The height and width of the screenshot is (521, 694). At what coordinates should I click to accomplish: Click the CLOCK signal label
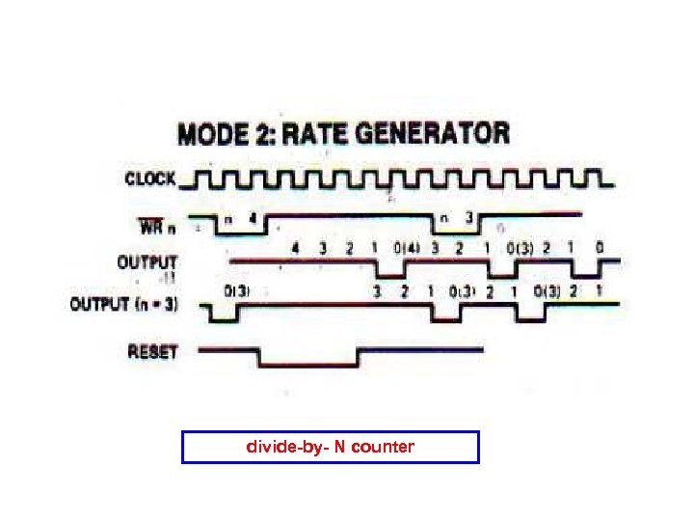click(150, 178)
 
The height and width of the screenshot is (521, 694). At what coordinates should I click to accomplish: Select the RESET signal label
click(152, 351)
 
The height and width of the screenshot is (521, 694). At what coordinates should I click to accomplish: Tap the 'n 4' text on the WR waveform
click(241, 219)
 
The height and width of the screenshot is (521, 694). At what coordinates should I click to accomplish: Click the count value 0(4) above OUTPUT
click(407, 248)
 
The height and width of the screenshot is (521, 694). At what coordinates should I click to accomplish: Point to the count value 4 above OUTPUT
click(295, 248)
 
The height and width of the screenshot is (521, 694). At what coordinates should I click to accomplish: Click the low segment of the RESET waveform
click(308, 365)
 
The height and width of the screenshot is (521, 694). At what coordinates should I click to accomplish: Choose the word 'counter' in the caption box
click(383, 447)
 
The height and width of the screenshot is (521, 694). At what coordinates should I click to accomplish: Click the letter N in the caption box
click(339, 447)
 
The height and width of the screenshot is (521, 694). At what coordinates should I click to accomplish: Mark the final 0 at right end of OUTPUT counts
click(599, 248)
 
